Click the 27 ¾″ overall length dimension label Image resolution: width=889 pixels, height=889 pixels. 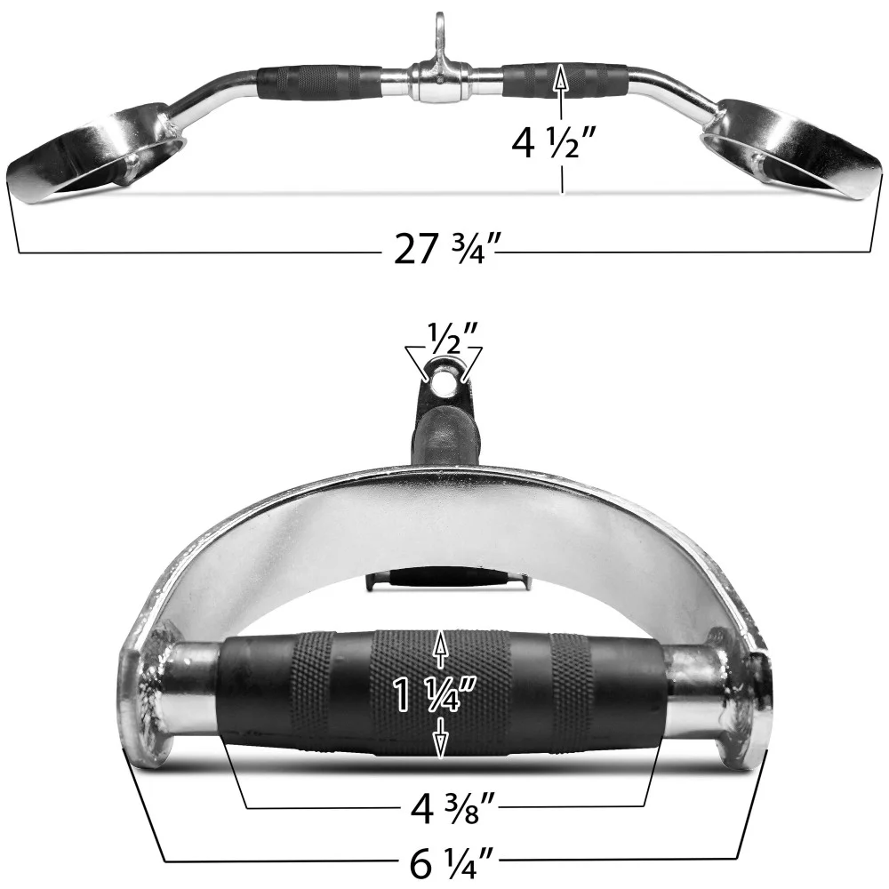coord(442,251)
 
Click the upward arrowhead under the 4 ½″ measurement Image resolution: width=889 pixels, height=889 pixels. coord(560,78)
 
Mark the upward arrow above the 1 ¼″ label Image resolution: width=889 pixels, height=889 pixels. coord(439,650)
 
